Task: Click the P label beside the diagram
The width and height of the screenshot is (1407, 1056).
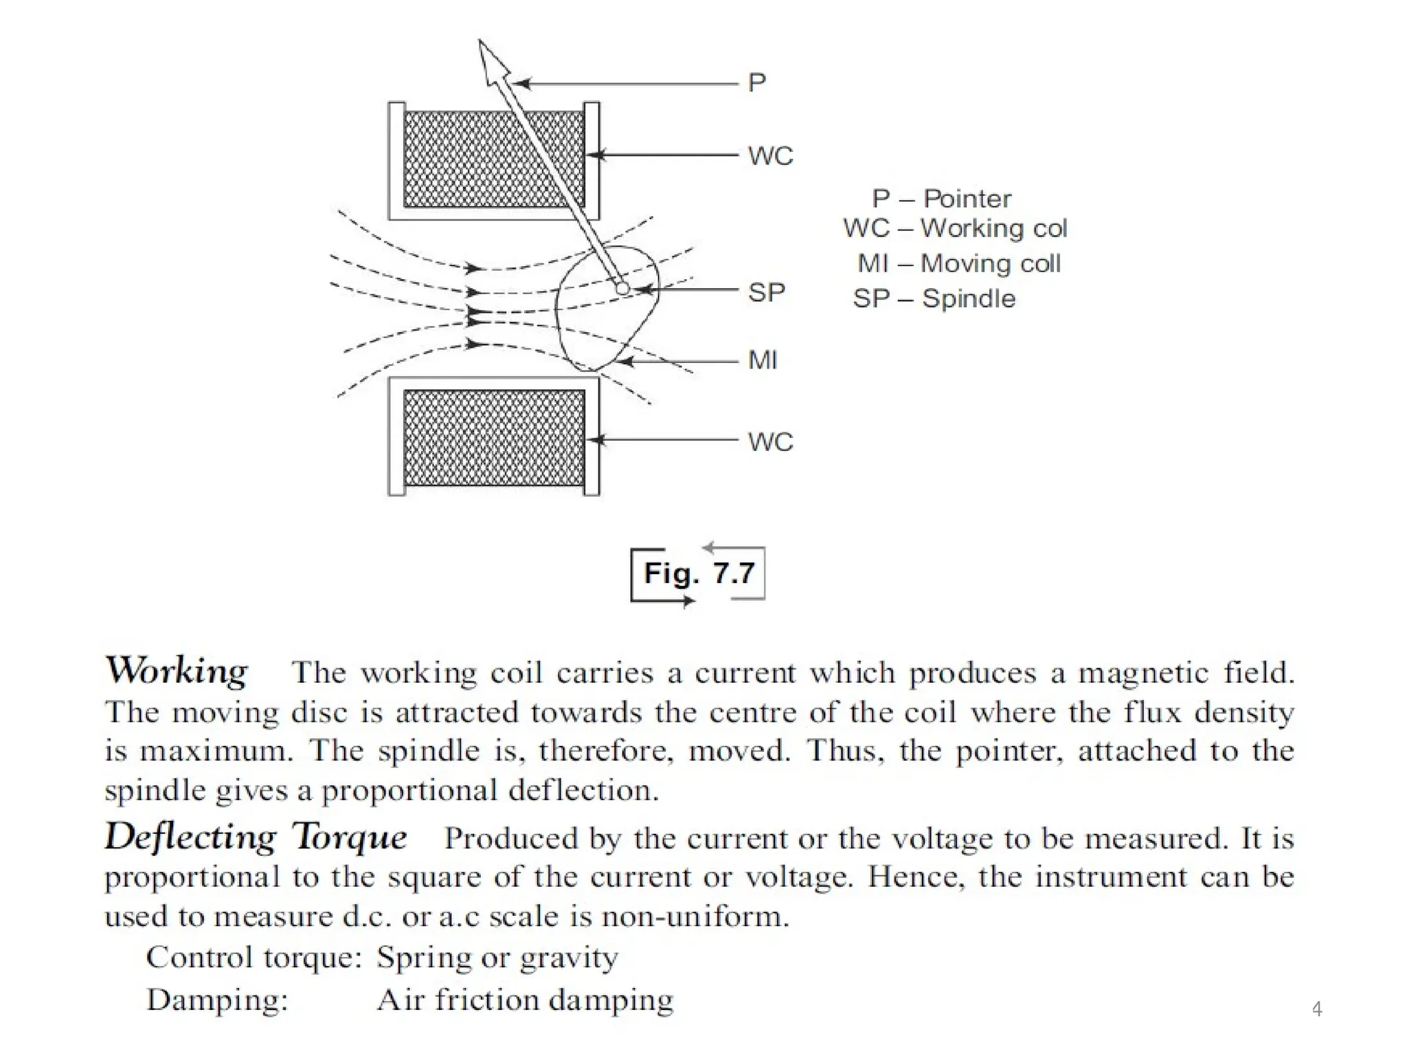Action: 756,82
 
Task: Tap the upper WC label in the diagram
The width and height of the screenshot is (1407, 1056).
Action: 770,156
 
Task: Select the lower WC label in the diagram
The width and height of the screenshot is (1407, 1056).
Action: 770,441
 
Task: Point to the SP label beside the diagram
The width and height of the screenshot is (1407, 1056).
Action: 766,293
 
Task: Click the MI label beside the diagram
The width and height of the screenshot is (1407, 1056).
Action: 763,360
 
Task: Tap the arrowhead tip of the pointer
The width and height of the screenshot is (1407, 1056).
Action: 481,43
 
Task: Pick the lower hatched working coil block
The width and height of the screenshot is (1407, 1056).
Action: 493,438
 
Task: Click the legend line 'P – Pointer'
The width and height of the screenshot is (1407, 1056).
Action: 941,199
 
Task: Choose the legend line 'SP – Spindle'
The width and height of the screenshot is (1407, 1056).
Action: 934,298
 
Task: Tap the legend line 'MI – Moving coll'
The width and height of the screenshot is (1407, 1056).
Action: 958,263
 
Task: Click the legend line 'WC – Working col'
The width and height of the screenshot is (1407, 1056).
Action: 955,228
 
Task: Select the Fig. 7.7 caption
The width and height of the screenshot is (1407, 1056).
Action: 698,573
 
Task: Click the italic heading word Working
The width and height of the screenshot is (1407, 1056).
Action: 177,670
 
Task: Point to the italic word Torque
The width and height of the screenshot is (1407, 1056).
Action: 350,837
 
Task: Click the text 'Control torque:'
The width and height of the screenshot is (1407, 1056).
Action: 254,957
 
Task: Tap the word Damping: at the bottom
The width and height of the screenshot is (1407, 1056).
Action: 217,1000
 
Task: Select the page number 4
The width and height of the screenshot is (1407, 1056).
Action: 1316,1009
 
